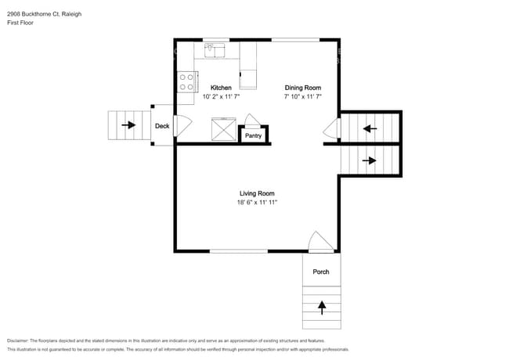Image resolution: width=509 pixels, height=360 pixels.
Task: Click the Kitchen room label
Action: click(221, 88)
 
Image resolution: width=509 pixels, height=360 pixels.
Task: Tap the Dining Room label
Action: click(302, 88)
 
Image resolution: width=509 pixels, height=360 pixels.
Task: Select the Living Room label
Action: click(257, 193)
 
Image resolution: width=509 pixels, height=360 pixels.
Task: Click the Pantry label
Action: click(253, 135)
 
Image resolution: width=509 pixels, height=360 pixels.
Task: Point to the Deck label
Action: click(162, 126)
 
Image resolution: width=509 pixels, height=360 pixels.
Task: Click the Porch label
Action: click(321, 272)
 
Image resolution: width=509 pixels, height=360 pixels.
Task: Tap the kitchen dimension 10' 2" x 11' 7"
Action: click(221, 97)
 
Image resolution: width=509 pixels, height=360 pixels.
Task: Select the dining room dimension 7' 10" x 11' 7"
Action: click(303, 97)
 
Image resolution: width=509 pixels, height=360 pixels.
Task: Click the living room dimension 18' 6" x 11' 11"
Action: click(258, 203)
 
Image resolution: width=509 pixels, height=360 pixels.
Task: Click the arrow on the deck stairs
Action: click(128, 125)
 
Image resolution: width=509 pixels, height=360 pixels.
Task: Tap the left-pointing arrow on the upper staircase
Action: click(370, 128)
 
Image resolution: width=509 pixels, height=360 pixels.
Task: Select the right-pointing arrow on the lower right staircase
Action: click(370, 161)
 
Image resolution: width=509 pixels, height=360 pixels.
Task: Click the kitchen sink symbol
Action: click(213, 50)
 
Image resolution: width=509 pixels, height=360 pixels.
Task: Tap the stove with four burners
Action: click(186, 82)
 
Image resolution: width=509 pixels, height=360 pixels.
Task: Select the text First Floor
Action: click(21, 23)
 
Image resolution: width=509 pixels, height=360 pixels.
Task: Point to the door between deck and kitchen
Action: click(183, 126)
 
